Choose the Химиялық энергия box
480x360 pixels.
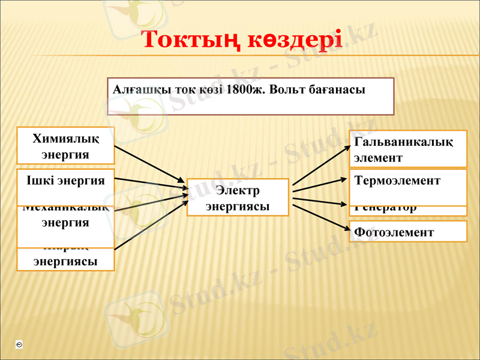pyautogui.click(x=66, y=145)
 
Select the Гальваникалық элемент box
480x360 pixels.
pyautogui.click(x=407, y=149)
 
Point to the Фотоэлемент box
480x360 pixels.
pyautogui.click(x=407, y=232)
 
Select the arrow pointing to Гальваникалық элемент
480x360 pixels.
pyautogui.click(x=321, y=164)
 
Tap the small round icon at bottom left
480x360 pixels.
pyautogui.click(x=20, y=345)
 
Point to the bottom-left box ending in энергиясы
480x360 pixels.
pyautogui.click(x=66, y=260)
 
